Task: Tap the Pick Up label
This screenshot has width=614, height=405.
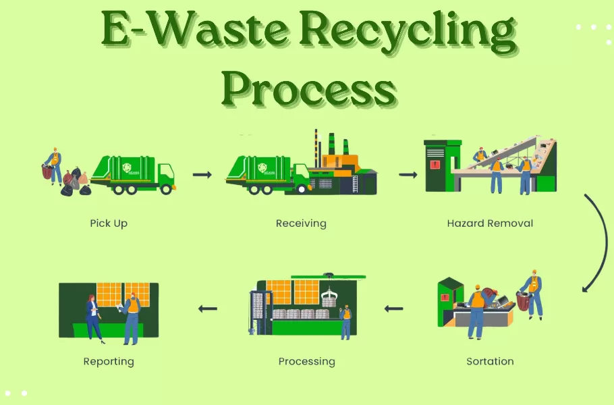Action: pyautogui.click(x=109, y=223)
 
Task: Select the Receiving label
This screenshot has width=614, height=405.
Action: pyautogui.click(x=301, y=223)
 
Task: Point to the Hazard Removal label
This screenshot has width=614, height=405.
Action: pyautogui.click(x=490, y=223)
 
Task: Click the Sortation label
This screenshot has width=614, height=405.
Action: pyautogui.click(x=490, y=361)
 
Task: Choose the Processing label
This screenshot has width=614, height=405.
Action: pyautogui.click(x=306, y=361)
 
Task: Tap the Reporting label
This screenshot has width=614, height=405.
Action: pyautogui.click(x=109, y=361)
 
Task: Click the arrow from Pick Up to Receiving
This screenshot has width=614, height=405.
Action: pyautogui.click(x=202, y=175)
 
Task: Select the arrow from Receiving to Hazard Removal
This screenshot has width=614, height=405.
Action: pyautogui.click(x=408, y=175)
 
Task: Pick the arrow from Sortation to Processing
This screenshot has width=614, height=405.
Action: pyautogui.click(x=394, y=309)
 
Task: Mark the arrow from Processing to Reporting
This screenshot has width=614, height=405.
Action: pyautogui.click(x=208, y=309)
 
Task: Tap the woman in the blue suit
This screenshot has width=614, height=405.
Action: pyautogui.click(x=92, y=317)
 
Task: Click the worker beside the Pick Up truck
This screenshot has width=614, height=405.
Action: pyautogui.click(x=54, y=166)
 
